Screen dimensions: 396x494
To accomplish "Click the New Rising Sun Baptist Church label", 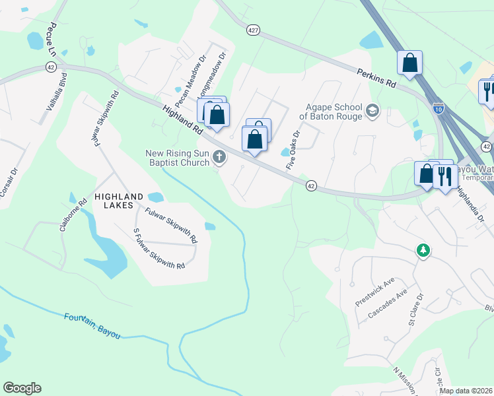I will click(178, 158).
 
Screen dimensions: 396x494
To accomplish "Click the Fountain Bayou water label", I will click(92, 326).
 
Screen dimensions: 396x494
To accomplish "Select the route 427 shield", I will click(252, 30).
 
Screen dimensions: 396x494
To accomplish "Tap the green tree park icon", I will click(423, 250).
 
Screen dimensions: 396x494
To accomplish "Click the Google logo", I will click(22, 388).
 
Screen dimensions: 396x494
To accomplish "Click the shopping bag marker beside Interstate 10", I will click(409, 63).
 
